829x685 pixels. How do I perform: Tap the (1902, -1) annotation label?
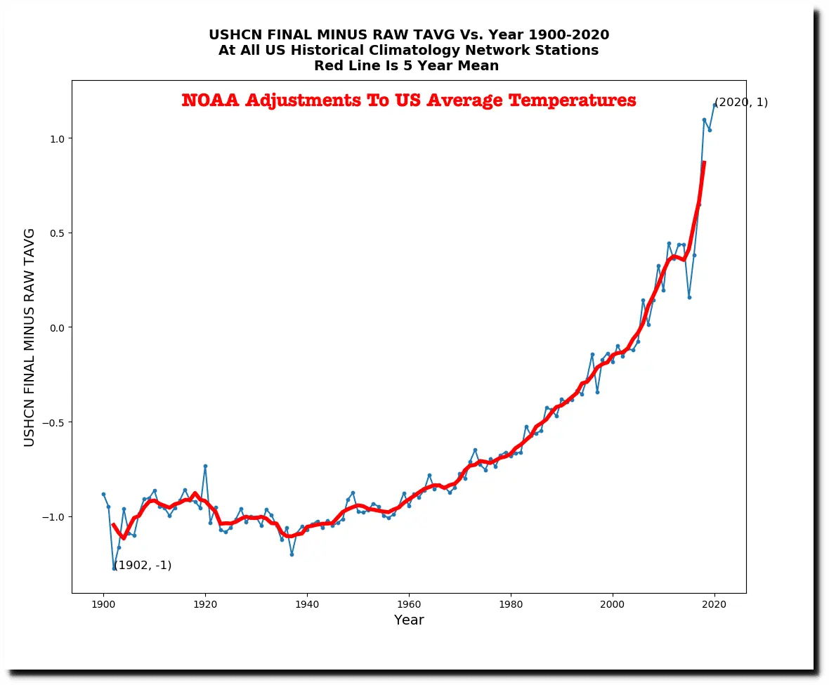(x=143, y=566)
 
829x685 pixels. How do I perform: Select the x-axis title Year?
(x=409, y=620)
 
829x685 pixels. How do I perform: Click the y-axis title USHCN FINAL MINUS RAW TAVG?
(x=30, y=337)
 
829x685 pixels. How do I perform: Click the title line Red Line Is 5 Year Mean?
(x=406, y=66)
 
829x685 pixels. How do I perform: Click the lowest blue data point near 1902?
(x=114, y=568)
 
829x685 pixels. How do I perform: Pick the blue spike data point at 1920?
(x=205, y=466)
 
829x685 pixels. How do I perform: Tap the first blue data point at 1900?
(x=103, y=494)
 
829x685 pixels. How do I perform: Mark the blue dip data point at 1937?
(x=292, y=554)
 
